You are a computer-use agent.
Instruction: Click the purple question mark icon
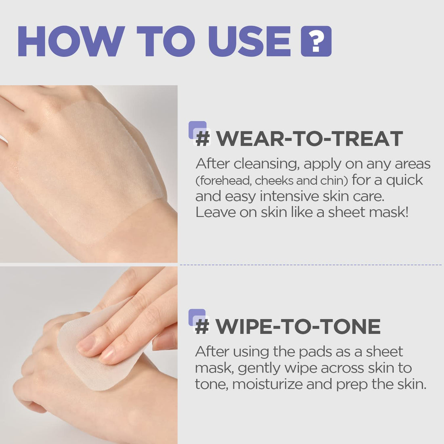pyautogui.click(x=316, y=41)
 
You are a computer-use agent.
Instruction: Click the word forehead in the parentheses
pyautogui.click(x=223, y=180)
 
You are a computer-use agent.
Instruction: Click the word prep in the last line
pyautogui.click(x=352, y=384)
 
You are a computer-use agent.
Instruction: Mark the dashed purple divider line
pyautogui.click(x=311, y=265)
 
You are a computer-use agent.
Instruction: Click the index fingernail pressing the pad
pyautogui.click(x=85, y=344)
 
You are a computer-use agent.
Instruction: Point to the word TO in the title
pyautogui.click(x=166, y=41)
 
